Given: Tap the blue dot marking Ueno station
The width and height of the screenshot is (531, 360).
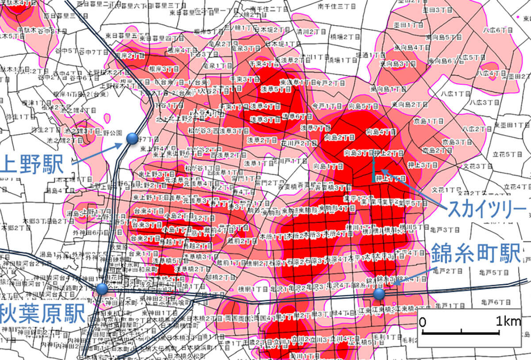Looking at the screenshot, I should [132, 139].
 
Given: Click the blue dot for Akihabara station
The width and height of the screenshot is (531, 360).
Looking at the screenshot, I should [103, 289].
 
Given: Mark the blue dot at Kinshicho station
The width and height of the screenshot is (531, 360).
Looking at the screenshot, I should [379, 294].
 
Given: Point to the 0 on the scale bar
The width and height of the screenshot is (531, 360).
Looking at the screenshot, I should [423, 322].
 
